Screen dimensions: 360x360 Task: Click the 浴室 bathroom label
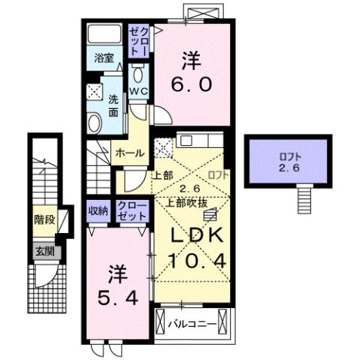pyautogui.click(x=103, y=58)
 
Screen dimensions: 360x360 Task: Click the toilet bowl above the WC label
pyautogui.click(x=140, y=75)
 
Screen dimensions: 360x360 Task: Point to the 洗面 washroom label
pyautogui.click(x=113, y=105)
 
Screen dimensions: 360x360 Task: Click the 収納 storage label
pyautogui.click(x=96, y=210)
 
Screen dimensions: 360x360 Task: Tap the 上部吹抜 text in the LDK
pyautogui.click(x=187, y=201)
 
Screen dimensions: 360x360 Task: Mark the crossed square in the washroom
pyautogui.click(x=95, y=92)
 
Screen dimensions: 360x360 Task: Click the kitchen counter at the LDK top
pyautogui.click(x=198, y=141)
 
